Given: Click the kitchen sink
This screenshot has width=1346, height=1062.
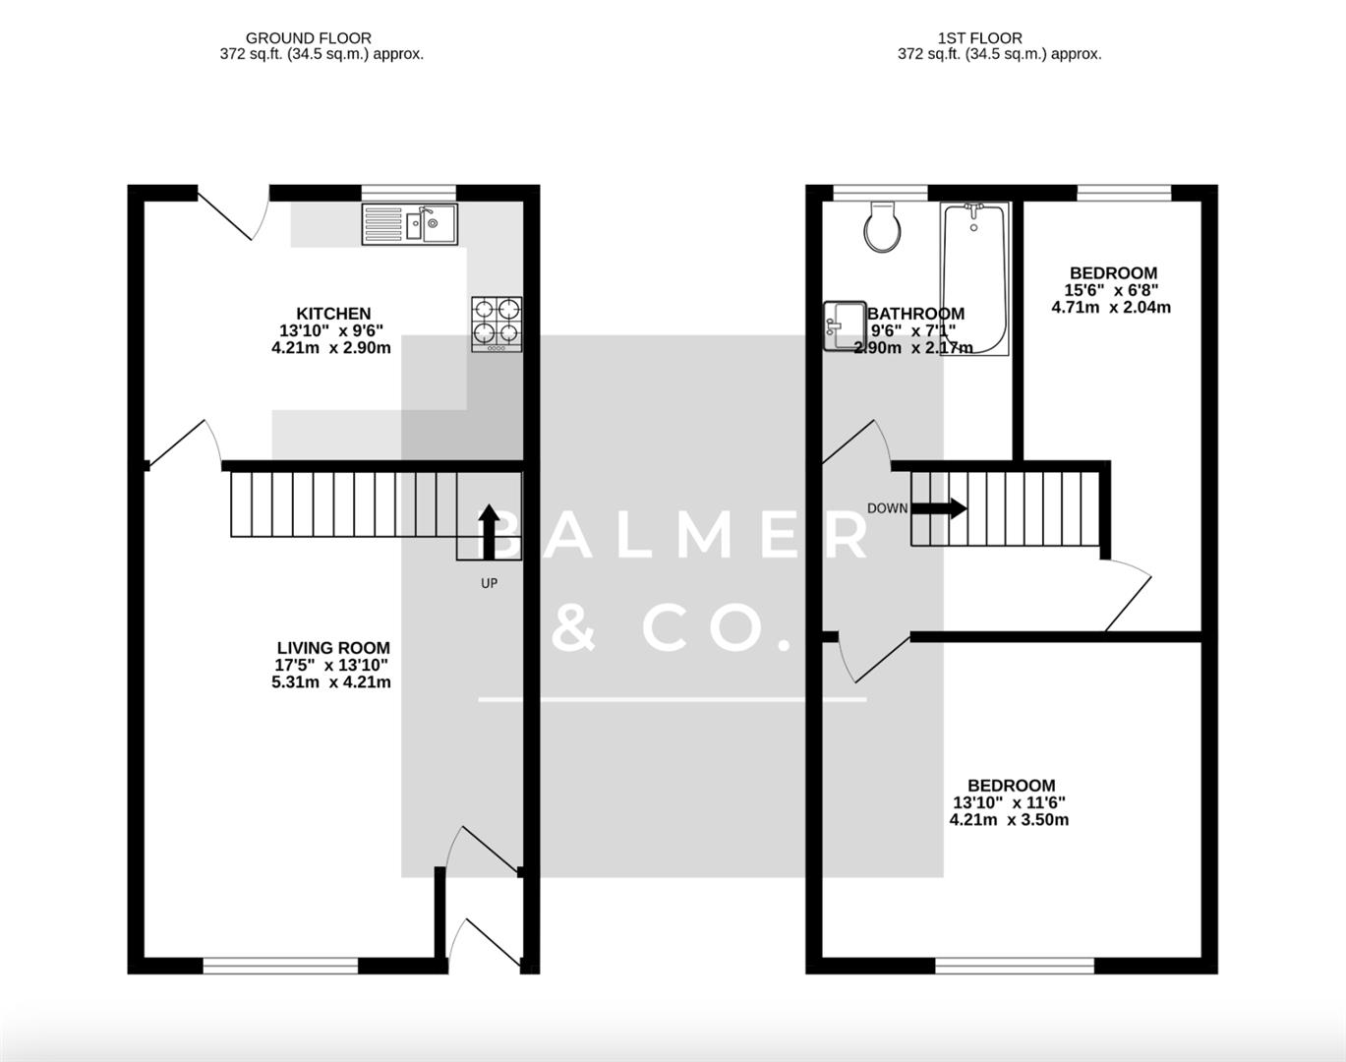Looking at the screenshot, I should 409,224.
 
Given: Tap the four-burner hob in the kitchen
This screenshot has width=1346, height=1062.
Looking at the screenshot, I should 497,324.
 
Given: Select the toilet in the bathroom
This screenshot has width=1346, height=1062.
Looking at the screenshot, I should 882,227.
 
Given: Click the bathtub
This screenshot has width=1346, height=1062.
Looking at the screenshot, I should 973,278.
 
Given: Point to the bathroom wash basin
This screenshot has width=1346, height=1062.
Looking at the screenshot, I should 844,325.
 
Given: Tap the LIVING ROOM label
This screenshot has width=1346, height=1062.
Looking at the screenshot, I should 333,648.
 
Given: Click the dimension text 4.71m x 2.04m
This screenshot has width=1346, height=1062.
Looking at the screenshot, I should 1111,307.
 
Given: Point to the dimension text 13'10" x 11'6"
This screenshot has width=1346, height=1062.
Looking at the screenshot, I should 1009,802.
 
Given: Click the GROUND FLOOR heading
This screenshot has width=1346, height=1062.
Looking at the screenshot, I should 309,38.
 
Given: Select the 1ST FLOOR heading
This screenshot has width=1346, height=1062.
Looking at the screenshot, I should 979,38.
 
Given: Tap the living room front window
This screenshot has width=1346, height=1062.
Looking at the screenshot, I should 280,966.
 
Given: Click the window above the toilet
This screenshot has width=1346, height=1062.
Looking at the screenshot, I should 880,193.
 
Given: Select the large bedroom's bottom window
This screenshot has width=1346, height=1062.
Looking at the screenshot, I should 1014,966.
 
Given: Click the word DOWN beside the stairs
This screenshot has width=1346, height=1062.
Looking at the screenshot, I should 887,508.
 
